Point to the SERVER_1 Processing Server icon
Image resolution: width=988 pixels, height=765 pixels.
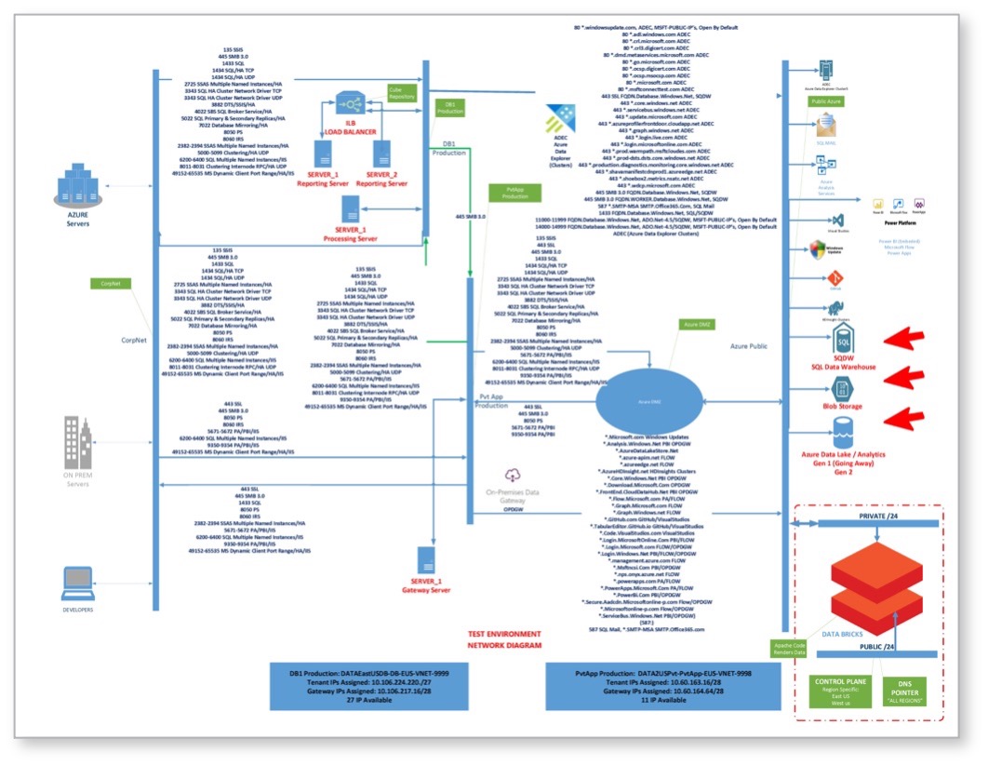[x=350, y=209]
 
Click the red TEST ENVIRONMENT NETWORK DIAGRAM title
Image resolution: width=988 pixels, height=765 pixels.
[x=506, y=638]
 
